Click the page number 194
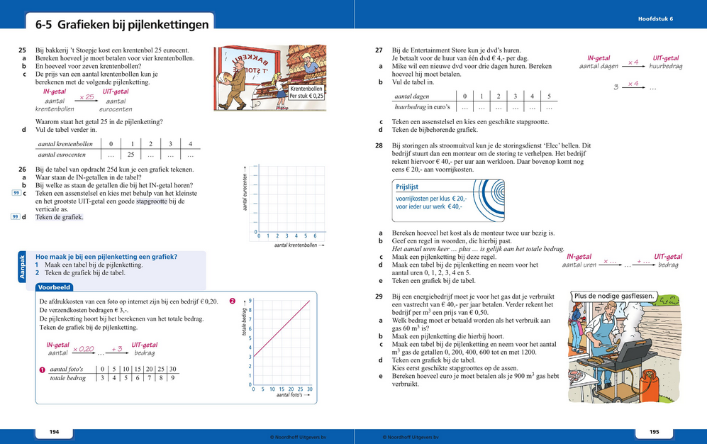click(x=54, y=432)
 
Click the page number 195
click(x=654, y=432)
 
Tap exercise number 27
click(x=379, y=51)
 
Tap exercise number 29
click(x=379, y=296)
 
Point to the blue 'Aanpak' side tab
click(x=21, y=268)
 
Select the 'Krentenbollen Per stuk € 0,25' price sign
click(x=306, y=91)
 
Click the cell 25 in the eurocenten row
click(x=130, y=154)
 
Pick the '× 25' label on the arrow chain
click(x=87, y=96)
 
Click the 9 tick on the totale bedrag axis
click(x=250, y=301)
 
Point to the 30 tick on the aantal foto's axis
click(x=309, y=389)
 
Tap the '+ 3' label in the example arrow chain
click(x=117, y=349)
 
